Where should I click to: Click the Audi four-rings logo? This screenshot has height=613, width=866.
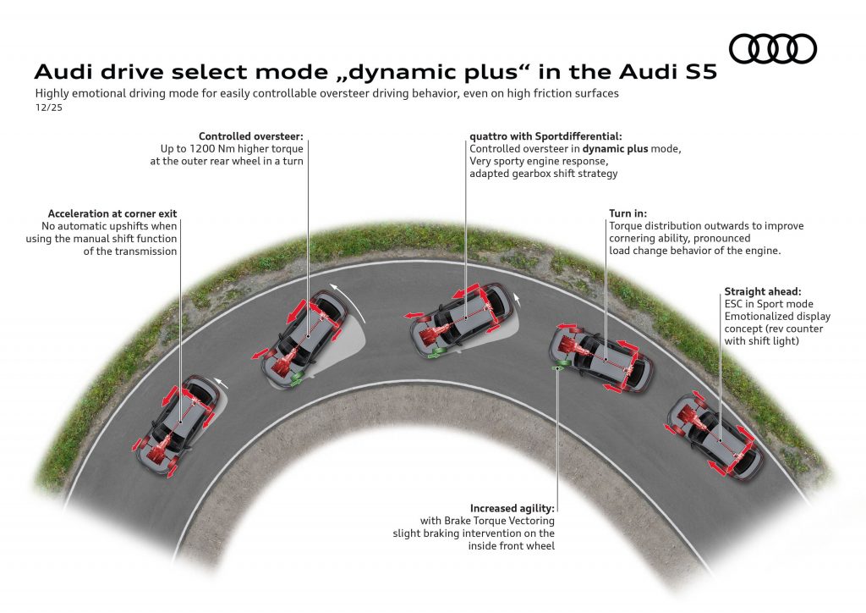coord(772,49)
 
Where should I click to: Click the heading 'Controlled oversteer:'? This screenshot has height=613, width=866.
coord(250,136)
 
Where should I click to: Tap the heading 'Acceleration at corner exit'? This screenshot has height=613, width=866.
coord(112,213)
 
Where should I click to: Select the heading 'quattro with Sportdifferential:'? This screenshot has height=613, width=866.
coord(545,136)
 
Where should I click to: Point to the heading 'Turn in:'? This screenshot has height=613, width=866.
coord(627,213)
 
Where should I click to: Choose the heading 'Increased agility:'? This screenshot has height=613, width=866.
coord(512,508)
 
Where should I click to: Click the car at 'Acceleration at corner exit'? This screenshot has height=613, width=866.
coord(178,422)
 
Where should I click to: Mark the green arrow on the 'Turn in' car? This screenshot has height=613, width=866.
coord(557,368)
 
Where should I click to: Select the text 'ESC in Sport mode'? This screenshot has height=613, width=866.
coord(767,304)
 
